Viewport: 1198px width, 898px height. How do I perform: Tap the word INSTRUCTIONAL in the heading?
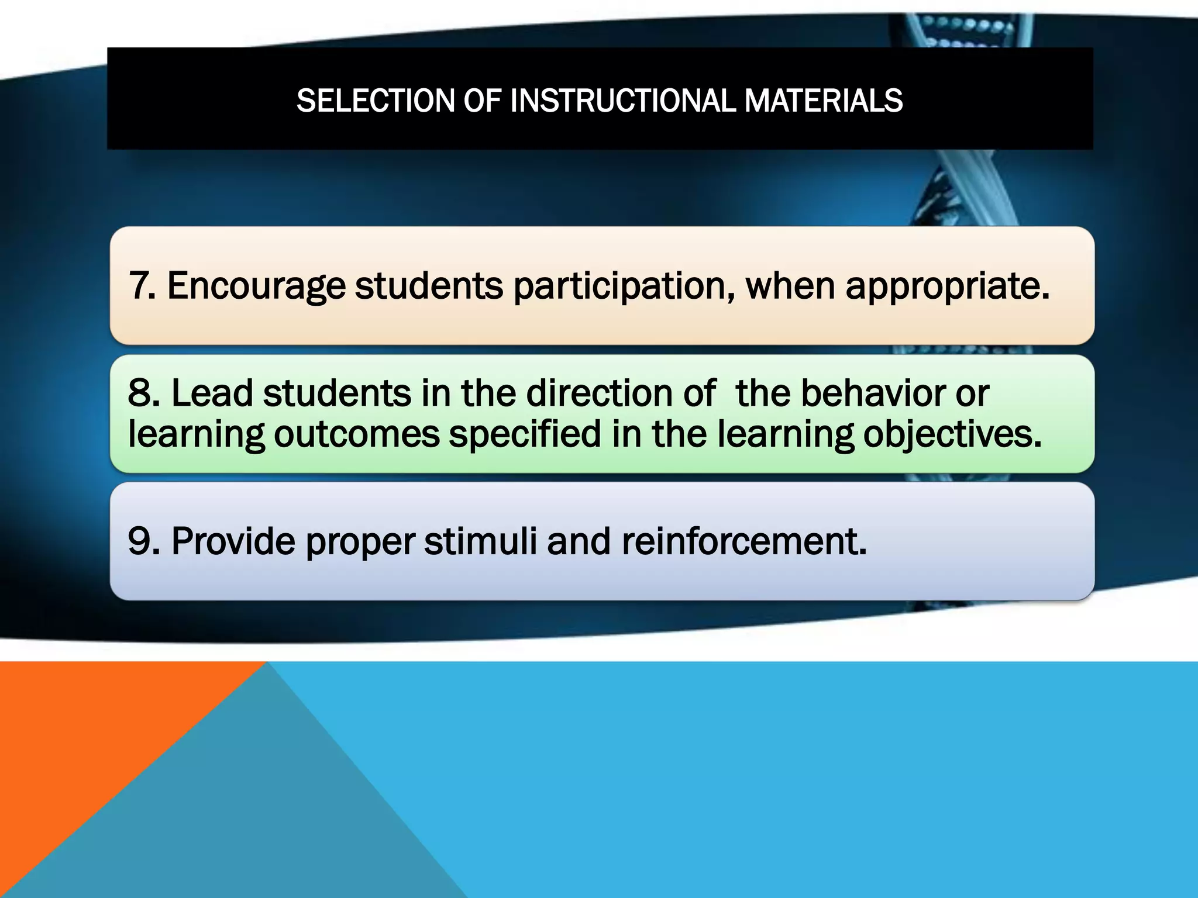[x=622, y=101]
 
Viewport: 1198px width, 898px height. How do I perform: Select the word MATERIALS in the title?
[x=824, y=101]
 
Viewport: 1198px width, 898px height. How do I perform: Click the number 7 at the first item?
[x=139, y=286]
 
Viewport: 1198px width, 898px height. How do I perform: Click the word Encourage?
[x=256, y=286]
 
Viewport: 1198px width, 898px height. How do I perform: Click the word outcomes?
[x=356, y=434]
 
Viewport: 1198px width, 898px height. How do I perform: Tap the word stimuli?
[x=480, y=541]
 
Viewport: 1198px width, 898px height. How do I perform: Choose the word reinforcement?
[x=743, y=541]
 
